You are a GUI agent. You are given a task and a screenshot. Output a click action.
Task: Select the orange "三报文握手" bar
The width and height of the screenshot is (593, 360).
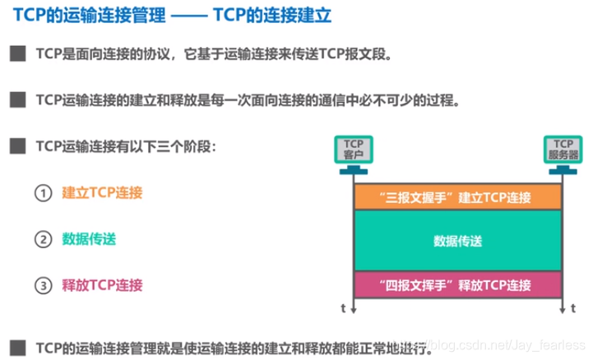458,197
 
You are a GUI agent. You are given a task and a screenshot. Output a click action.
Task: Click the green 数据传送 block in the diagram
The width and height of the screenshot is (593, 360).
458,241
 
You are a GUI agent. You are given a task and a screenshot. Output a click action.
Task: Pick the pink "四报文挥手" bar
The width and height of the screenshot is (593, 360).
458,284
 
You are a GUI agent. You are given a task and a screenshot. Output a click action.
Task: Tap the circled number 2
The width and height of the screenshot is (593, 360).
43,240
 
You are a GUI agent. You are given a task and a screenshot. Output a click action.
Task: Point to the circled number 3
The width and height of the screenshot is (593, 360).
43,286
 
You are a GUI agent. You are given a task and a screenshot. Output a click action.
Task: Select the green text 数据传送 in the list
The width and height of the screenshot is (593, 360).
89,240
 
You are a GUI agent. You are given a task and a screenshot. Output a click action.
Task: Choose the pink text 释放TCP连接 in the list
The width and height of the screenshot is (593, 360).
102,286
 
